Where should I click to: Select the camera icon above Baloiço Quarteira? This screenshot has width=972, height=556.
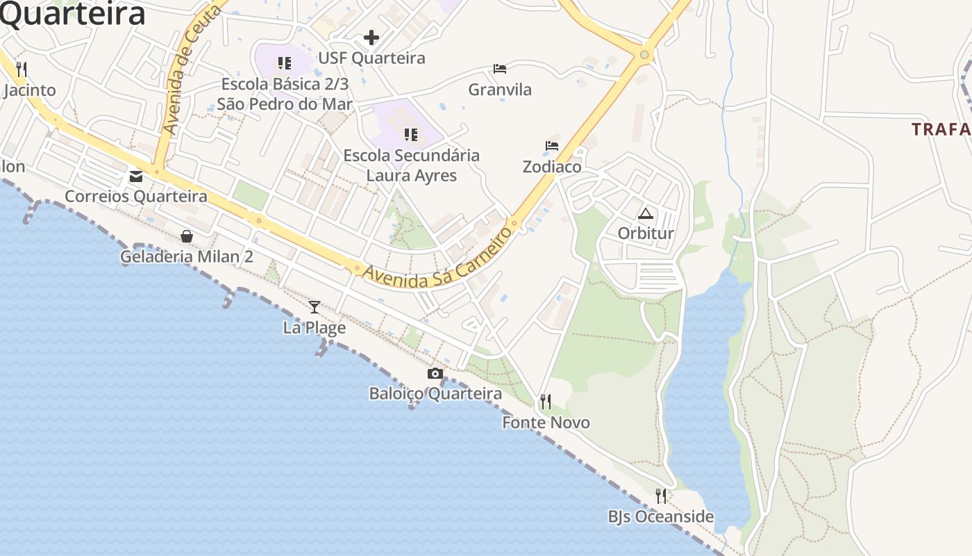click(435, 374)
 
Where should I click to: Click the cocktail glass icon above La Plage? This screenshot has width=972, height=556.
click(315, 306)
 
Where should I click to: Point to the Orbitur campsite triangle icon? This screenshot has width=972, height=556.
click(646, 213)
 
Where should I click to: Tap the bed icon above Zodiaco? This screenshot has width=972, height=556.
click(552, 146)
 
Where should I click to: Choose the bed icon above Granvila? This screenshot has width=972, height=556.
click(500, 69)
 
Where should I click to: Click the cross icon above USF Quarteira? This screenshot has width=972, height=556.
click(371, 38)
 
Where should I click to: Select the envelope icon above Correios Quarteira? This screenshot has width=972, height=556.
click(136, 177)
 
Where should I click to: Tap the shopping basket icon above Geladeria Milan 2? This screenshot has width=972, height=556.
click(187, 236)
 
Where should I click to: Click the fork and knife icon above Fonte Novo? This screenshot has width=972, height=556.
click(546, 402)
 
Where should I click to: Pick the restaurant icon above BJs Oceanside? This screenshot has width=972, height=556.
click(661, 496)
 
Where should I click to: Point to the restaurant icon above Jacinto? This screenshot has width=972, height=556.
click(22, 69)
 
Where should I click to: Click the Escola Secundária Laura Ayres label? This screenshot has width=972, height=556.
click(412, 165)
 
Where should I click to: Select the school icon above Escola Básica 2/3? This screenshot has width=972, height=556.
click(284, 64)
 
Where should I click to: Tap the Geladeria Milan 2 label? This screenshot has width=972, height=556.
click(187, 256)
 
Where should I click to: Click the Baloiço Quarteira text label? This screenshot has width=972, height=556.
click(435, 393)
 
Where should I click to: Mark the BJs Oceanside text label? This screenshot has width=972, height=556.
click(661, 516)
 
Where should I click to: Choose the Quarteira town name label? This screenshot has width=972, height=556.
click(73, 14)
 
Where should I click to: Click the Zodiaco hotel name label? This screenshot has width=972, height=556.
click(552, 167)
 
